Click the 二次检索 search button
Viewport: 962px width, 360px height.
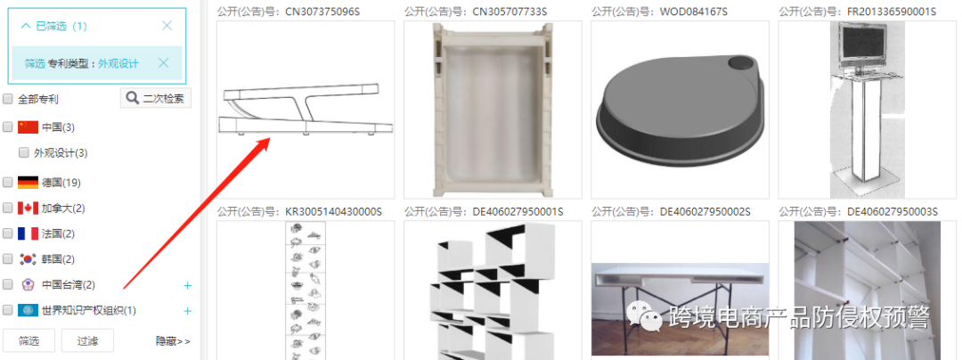pos(156,98)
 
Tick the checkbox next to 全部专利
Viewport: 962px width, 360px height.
pos(8,99)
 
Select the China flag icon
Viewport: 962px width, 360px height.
pos(28,127)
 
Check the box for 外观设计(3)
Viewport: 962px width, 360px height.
pos(25,152)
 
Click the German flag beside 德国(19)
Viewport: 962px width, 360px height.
pos(28,182)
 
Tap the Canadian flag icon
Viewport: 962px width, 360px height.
pos(28,208)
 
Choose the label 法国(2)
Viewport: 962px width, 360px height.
pos(58,233)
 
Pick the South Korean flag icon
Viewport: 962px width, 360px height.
pos(28,259)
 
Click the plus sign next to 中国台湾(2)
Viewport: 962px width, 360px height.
pos(188,285)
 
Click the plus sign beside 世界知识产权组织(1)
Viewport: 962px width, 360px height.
pos(188,311)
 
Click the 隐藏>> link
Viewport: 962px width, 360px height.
pos(173,341)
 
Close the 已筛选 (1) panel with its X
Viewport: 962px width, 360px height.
pos(167,26)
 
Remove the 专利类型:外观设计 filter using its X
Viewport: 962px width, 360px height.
pos(163,63)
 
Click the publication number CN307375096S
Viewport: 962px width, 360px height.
pos(322,12)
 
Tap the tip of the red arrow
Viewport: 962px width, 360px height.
pos(270,139)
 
